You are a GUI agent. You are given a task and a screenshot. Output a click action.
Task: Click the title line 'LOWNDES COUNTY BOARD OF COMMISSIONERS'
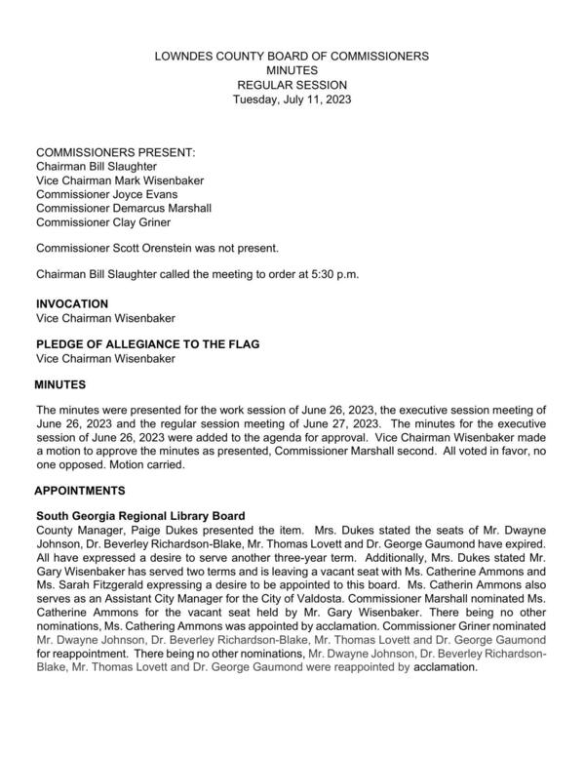[292, 58]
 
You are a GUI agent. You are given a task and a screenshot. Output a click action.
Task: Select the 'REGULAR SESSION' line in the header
[292, 85]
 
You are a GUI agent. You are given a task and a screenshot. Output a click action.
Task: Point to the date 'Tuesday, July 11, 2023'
[292, 100]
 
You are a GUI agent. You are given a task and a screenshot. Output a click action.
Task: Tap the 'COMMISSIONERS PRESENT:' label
[115, 154]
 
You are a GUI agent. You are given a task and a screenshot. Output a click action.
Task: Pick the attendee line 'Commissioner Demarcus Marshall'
[123, 209]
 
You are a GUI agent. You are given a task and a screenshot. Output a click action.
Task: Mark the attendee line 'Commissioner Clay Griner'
[101, 222]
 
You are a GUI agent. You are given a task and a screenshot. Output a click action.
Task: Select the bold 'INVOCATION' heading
[72, 304]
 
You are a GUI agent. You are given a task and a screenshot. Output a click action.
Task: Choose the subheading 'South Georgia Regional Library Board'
[140, 515]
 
